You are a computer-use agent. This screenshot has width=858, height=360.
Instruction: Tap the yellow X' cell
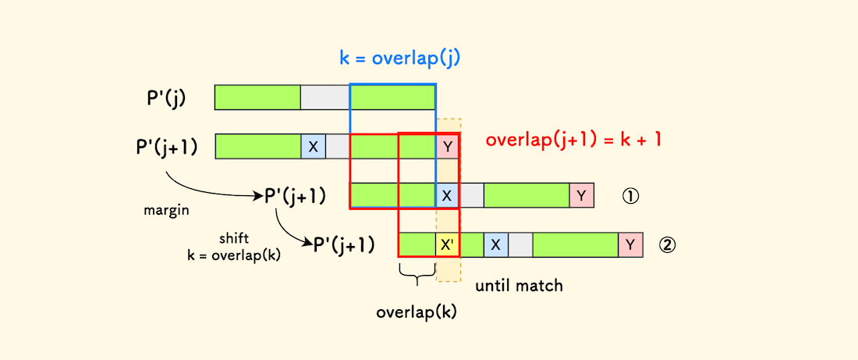447,244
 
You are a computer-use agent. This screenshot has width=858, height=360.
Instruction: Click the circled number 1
630,195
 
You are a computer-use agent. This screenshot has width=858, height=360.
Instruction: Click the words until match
519,285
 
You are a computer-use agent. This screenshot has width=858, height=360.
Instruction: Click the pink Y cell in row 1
582,194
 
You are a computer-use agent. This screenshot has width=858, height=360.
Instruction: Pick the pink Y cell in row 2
630,244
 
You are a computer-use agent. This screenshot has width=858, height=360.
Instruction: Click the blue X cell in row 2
495,244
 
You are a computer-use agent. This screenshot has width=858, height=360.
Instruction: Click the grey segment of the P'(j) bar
325,97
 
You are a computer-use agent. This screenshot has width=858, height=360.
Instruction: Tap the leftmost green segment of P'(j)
257,97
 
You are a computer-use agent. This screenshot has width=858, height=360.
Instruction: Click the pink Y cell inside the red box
447,146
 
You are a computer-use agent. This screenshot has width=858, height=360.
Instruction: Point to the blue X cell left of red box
313,146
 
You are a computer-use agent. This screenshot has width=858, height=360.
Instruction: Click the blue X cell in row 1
447,195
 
